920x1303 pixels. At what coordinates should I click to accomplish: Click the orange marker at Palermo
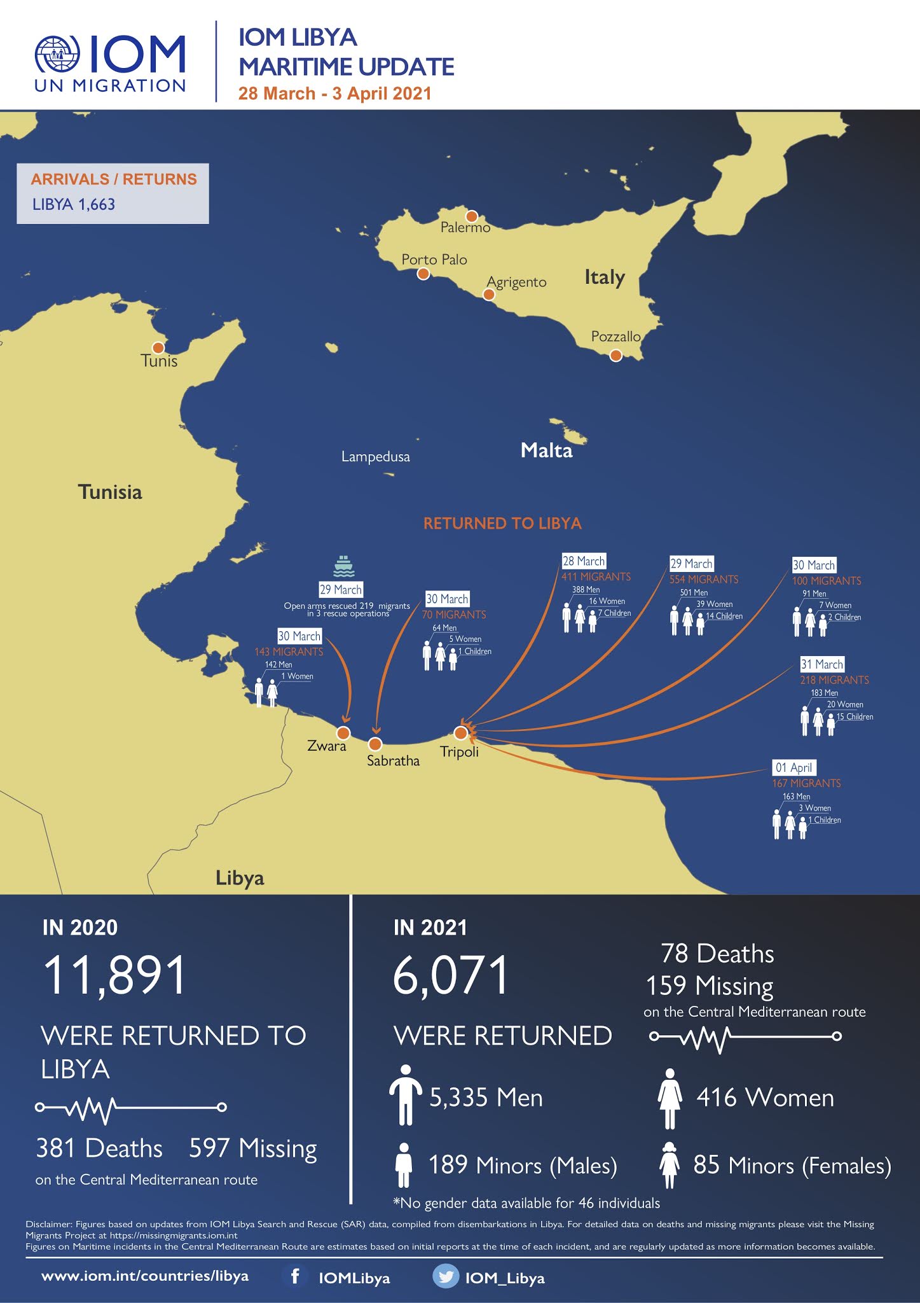[472, 216]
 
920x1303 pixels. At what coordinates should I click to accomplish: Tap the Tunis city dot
[158, 347]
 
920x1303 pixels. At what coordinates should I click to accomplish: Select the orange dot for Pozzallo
[615, 355]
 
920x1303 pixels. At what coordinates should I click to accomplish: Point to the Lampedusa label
[375, 456]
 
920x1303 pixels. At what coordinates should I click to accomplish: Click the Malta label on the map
[546, 450]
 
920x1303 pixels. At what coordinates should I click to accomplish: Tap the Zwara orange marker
[343, 733]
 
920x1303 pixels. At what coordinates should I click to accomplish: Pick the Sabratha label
[393, 760]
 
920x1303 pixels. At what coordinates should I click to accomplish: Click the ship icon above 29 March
[343, 566]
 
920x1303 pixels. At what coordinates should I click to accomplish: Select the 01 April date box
[793, 767]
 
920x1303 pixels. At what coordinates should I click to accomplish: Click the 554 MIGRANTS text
[704, 579]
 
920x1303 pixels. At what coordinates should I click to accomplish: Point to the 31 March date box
[821, 664]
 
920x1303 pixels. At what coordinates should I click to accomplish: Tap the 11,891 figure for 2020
[114, 975]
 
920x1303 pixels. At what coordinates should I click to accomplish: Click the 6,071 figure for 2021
[451, 975]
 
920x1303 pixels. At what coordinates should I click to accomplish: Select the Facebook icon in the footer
[295, 1276]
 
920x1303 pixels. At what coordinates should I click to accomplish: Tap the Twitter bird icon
[445, 1276]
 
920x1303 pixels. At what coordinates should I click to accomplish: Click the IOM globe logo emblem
[58, 55]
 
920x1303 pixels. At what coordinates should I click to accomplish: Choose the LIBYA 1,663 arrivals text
[74, 204]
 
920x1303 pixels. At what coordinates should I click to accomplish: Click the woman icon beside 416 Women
[669, 1098]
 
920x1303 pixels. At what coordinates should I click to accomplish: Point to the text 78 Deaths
[717, 954]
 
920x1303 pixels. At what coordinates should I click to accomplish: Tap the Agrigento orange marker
[488, 294]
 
